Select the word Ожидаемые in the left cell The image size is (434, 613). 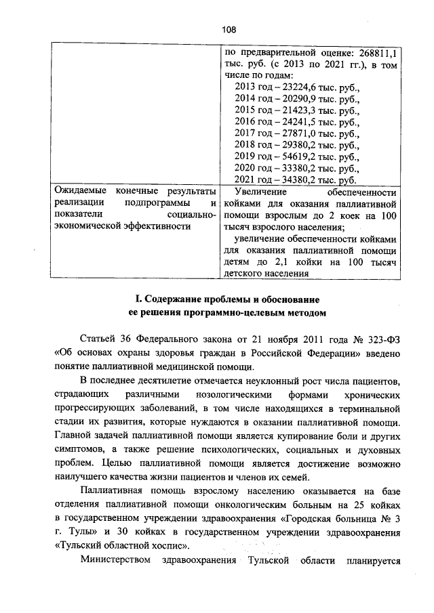pyautogui.click(x=79, y=192)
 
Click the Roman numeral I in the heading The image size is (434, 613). pyautogui.click(x=137, y=299)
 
